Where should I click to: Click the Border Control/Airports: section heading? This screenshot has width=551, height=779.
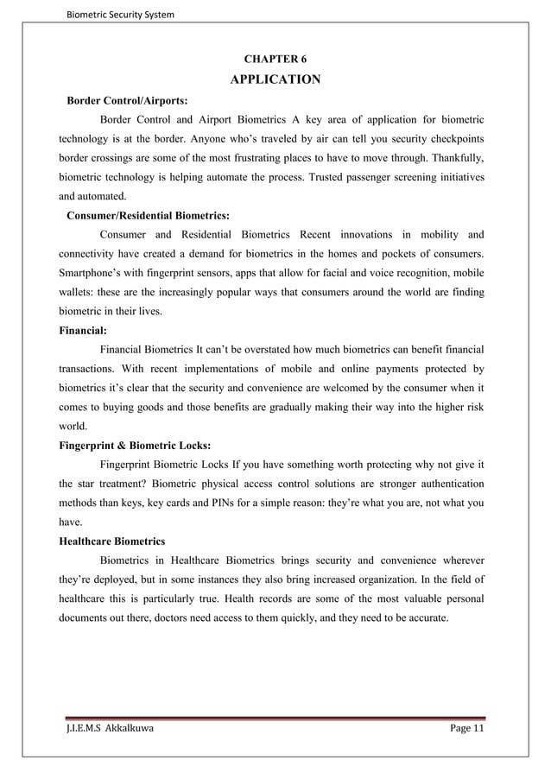coord(127,101)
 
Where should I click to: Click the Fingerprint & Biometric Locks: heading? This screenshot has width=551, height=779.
coord(134,445)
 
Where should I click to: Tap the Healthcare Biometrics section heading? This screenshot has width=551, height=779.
coord(111,541)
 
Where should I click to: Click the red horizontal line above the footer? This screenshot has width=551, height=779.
coord(275,717)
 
